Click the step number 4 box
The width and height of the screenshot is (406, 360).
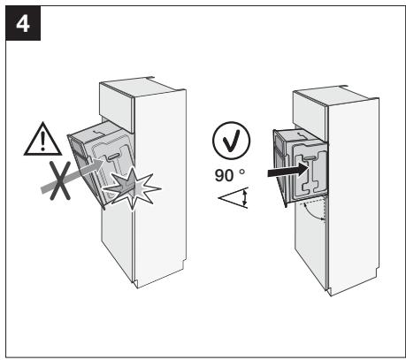[x=23, y=23]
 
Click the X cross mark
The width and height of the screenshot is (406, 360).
[x=60, y=180]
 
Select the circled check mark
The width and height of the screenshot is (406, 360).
[x=231, y=141]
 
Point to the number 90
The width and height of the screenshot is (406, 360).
[x=224, y=175]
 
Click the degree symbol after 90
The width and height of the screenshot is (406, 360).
[x=241, y=172]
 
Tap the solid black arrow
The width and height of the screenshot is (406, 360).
[x=287, y=171]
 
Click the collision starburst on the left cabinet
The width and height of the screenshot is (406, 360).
[x=132, y=188]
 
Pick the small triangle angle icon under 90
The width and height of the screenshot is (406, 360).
[x=234, y=197]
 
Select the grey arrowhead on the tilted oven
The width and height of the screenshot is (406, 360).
[x=98, y=165]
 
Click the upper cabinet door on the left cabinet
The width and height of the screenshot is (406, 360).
[x=117, y=108]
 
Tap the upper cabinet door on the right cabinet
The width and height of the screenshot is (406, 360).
[x=310, y=115]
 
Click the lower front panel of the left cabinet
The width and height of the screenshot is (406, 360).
[x=117, y=241]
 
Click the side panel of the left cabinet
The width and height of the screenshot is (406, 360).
[x=160, y=188]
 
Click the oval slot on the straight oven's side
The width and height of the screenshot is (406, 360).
[x=309, y=159]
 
